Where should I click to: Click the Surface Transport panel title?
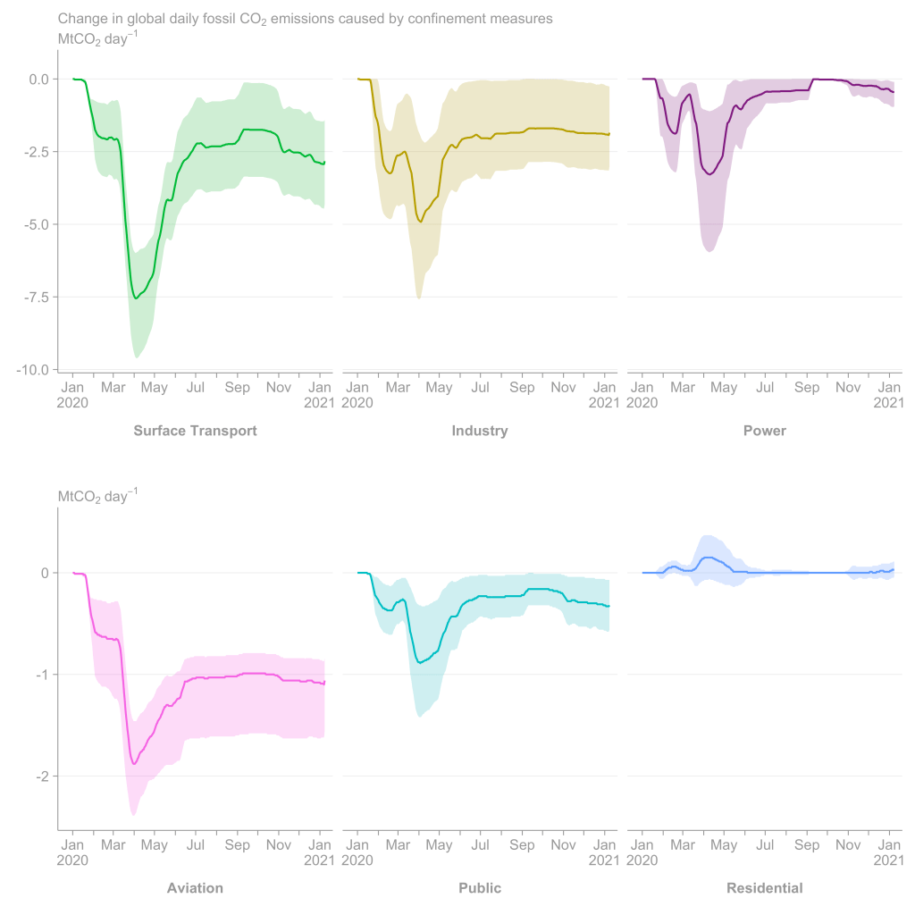click(195, 431)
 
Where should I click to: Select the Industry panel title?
click(480, 431)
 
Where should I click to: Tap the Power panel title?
click(765, 431)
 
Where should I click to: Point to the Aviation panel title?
click(195, 888)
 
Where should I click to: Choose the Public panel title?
click(480, 888)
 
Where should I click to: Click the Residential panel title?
click(765, 888)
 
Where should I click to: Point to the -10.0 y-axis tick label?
click(33, 369)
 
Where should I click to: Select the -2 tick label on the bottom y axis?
click(41, 776)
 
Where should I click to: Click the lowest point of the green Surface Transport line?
click(135, 298)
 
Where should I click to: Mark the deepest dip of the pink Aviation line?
click(134, 763)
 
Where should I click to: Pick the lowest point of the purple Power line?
click(709, 174)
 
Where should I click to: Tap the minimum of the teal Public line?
click(420, 662)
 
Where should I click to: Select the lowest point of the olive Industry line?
click(420, 222)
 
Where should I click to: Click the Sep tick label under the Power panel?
click(807, 388)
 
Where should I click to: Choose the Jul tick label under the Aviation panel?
click(196, 845)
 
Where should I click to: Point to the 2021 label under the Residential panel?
click(889, 860)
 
